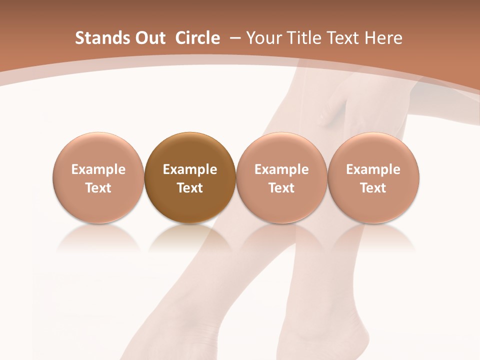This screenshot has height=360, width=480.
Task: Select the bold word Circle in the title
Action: (197, 38)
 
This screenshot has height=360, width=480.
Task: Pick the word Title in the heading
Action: (304, 38)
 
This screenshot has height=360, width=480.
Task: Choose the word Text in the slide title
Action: (344, 38)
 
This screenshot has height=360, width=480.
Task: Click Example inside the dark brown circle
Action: (190, 169)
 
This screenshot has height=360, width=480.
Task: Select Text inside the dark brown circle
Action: (190, 188)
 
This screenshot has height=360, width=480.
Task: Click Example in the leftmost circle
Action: (98, 169)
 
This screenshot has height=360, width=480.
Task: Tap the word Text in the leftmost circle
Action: (98, 188)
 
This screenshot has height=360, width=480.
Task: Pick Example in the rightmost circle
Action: (373, 169)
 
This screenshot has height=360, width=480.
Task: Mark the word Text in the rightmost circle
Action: (373, 188)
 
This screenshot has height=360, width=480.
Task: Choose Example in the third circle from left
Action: (281, 169)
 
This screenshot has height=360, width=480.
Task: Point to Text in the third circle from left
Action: (281, 188)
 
